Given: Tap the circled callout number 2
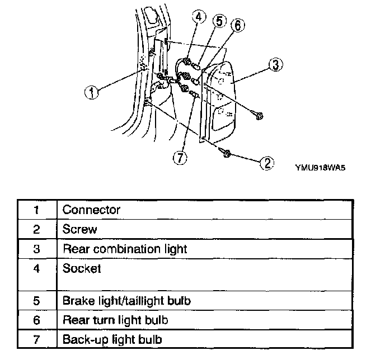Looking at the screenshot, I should [267, 163].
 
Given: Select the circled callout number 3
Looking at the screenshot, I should [274, 65].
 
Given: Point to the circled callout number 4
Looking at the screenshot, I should [199, 16].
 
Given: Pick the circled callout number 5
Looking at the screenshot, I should [219, 21].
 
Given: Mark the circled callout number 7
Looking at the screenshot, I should [179, 158].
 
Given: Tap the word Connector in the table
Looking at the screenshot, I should [91, 210].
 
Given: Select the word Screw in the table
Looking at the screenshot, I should [80, 229].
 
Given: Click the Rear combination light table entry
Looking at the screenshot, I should [125, 249].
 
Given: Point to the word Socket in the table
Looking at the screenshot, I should [82, 269].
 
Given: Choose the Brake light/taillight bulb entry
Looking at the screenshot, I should [126, 301].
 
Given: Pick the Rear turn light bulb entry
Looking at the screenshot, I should [115, 320].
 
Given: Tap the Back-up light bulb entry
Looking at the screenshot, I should [112, 339].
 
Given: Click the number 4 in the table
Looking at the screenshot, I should [36, 269].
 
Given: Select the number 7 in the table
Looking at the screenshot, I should [36, 339].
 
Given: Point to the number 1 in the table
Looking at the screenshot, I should [36, 210].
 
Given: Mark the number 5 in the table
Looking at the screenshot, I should [36, 301].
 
